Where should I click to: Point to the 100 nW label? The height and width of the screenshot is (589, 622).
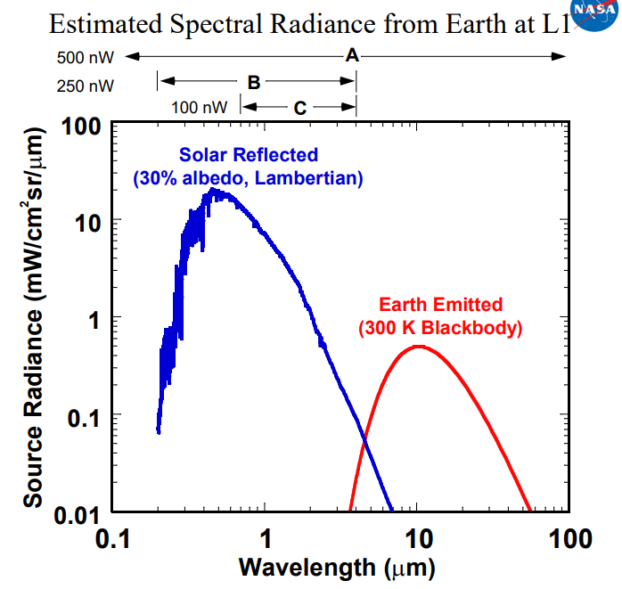tap(200, 108)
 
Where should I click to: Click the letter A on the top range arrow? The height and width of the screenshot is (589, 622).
tap(352, 56)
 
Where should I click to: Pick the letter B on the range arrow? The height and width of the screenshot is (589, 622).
tap(253, 83)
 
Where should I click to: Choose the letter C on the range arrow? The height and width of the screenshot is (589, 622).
tap(300, 108)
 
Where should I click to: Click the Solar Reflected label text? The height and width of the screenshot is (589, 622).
tap(249, 155)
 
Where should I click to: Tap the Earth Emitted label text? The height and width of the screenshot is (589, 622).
tap(440, 305)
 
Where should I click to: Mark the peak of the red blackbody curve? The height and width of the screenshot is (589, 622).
tap(417, 347)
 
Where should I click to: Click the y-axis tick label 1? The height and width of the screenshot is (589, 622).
tap(93, 319)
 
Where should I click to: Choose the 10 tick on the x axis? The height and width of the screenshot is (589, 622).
tap(418, 538)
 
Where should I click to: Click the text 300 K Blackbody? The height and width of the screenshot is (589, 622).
tap(440, 328)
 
